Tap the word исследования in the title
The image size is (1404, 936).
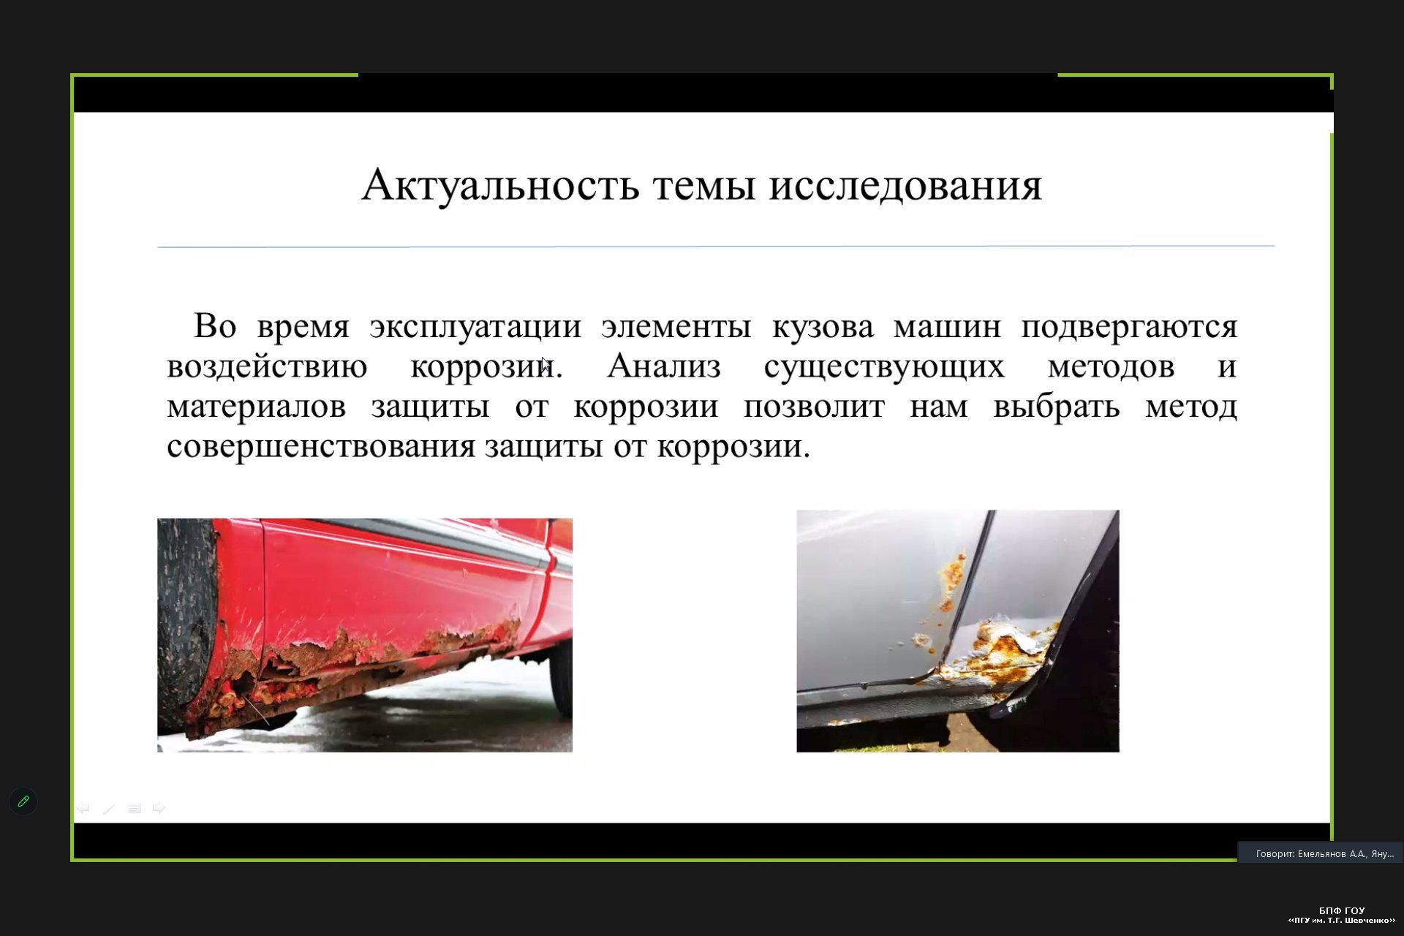pos(905,186)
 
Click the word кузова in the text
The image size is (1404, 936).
pos(823,326)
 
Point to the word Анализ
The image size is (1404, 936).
pos(664,366)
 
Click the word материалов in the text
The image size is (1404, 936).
pos(256,407)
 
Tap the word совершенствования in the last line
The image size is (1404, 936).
pos(321,446)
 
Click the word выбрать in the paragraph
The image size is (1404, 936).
pos(1056,407)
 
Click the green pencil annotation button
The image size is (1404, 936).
pos(23,801)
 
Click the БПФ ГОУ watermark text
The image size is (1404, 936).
pos(1342,910)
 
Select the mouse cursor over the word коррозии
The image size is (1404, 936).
pos(546,364)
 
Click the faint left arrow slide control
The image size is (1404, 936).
pos(83,808)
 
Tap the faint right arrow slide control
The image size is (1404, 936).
pos(159,808)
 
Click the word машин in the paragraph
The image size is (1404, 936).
pos(947,327)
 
